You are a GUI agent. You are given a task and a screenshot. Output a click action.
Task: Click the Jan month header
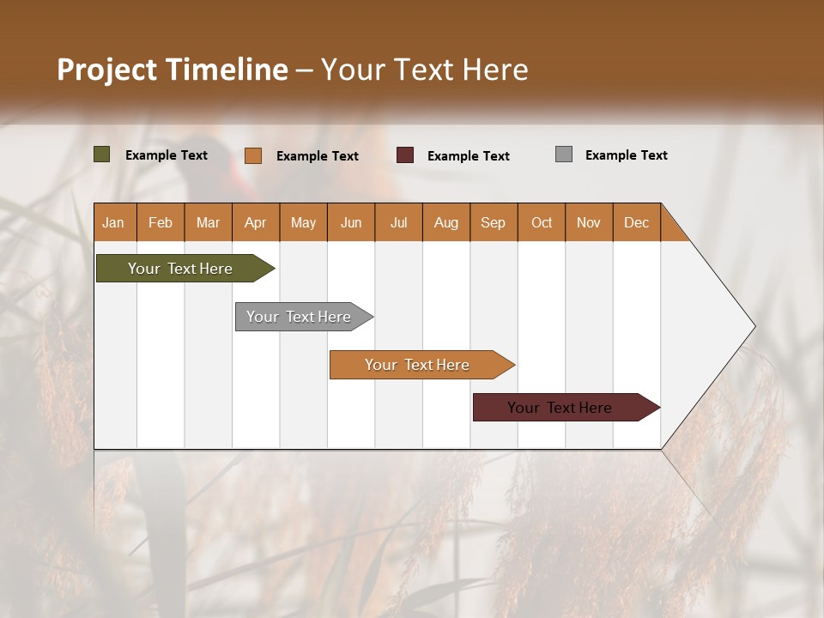click(x=113, y=222)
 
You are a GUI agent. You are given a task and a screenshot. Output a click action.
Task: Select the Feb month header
click(x=161, y=222)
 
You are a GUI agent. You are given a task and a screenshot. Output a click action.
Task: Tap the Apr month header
click(x=255, y=222)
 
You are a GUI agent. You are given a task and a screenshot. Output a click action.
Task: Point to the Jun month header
click(x=351, y=222)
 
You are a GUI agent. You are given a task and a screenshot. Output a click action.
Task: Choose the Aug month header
click(x=445, y=222)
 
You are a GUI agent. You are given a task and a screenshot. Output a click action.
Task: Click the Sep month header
click(x=493, y=222)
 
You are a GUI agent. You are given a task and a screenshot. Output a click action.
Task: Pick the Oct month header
click(x=542, y=222)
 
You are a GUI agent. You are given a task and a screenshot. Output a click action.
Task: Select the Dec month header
click(x=636, y=222)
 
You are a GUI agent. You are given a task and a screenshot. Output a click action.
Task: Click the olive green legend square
click(x=102, y=154)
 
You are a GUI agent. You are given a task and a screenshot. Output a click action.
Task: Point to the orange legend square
click(x=253, y=155)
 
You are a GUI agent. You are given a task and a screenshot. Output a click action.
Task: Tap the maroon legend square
click(x=405, y=155)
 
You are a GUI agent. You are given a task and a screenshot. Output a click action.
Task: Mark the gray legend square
click(x=564, y=154)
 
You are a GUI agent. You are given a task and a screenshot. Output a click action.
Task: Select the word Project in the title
click(x=107, y=70)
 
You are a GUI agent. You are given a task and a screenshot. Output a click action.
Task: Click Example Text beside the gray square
click(x=626, y=155)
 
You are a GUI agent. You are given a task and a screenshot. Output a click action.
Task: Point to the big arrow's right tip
click(x=754, y=326)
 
